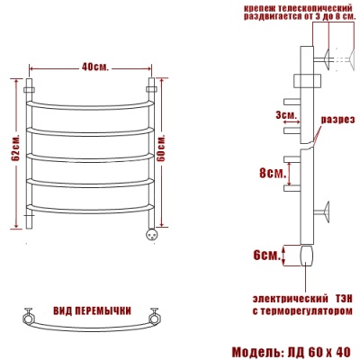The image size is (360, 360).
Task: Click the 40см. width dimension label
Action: [x=94, y=67]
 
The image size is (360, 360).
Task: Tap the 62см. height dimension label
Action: [x=16, y=147]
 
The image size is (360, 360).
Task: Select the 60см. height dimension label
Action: [x=161, y=148]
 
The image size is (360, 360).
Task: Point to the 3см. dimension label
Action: [x=286, y=114]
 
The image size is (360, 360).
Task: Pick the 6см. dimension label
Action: [x=266, y=256]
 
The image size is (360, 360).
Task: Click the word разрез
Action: [x=338, y=120]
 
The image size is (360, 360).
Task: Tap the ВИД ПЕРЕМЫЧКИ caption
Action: [x=93, y=310]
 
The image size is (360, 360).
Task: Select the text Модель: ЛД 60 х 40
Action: [x=291, y=352]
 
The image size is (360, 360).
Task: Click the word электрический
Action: [x=290, y=299]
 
